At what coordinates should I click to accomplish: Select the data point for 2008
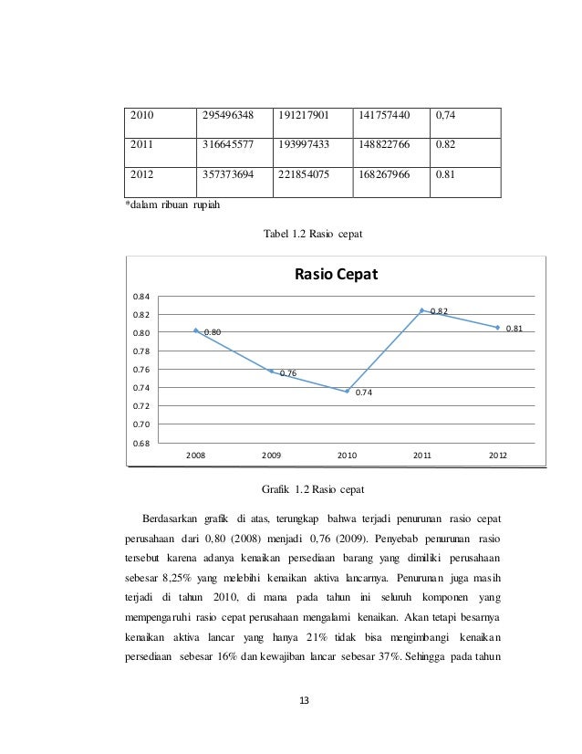pos(195,330)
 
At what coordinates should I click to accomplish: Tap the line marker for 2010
pos(347,391)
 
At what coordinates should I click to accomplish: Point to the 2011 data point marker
pos(422,310)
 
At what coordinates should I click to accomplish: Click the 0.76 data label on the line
pos(288,373)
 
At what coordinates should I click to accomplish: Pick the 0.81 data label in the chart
pos(514,329)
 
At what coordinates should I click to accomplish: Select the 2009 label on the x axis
pos(271,454)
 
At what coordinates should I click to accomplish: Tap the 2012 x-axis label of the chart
pos(497,454)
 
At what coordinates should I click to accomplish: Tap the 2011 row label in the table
pos(144,144)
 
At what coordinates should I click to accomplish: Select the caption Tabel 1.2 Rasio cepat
pos(313,235)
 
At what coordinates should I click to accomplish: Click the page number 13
pos(305,700)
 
